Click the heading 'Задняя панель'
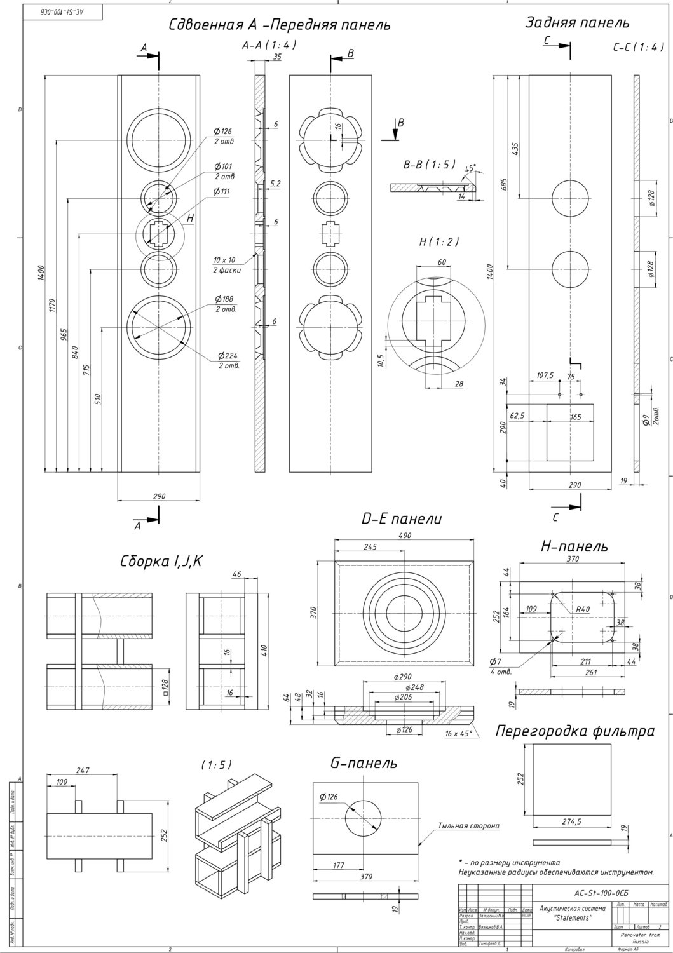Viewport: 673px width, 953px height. (x=577, y=23)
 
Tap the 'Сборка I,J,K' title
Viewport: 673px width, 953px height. (x=161, y=562)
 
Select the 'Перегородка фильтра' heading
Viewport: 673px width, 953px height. (x=574, y=731)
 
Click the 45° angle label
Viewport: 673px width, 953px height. (x=470, y=169)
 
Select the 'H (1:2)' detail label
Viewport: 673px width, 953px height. (x=438, y=242)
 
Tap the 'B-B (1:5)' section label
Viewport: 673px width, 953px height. (x=430, y=164)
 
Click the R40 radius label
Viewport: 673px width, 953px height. (x=583, y=609)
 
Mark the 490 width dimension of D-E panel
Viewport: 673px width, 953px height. (x=405, y=536)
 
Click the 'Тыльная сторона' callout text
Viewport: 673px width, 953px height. (x=468, y=826)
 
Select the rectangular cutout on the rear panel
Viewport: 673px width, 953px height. (x=569, y=431)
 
